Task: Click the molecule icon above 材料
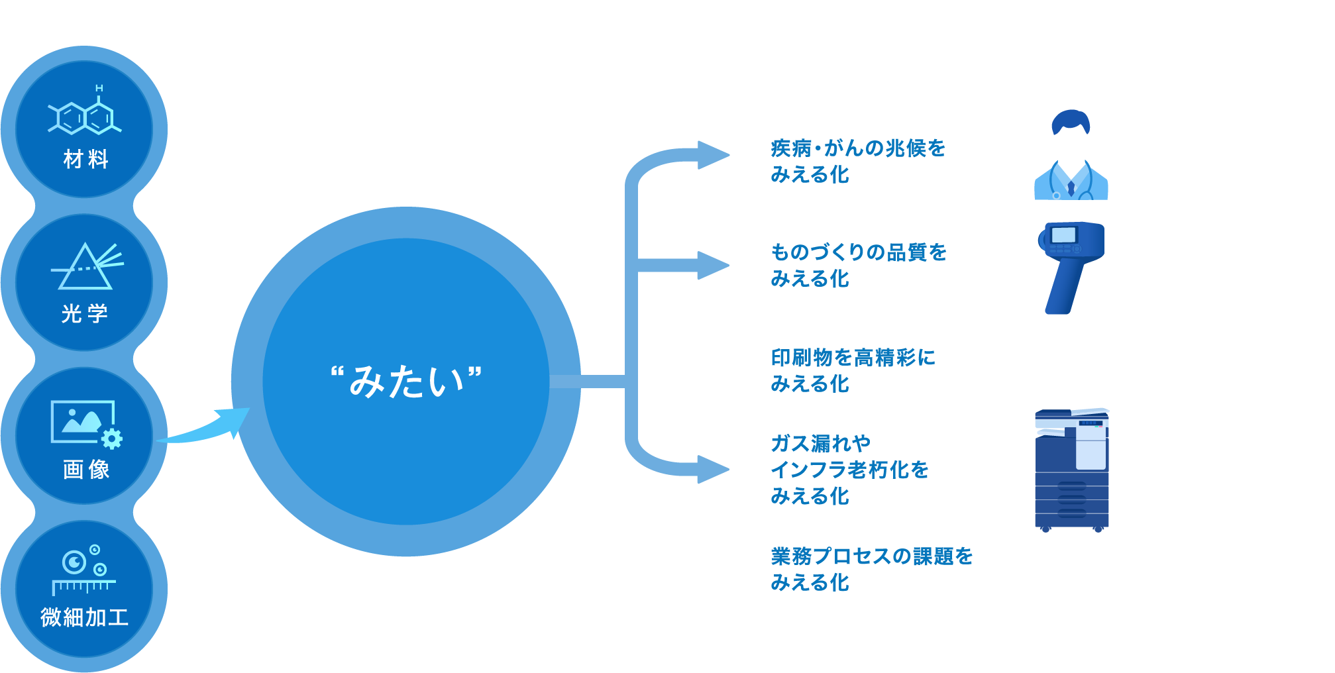pyautogui.click(x=85, y=117)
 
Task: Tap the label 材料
pyautogui.click(x=85, y=160)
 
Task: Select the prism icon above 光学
pyautogui.click(x=86, y=266)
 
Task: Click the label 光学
pyautogui.click(x=85, y=313)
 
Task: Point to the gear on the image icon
pyautogui.click(x=111, y=439)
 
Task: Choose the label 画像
pyautogui.click(x=86, y=470)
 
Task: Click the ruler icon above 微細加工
pyautogui.click(x=84, y=586)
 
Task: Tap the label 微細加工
pyautogui.click(x=84, y=617)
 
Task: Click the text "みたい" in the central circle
pyautogui.click(x=406, y=382)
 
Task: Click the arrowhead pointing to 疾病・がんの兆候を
pyautogui.click(x=713, y=155)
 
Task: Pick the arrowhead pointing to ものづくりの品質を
pyautogui.click(x=713, y=266)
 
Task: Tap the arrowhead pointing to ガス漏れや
pyautogui.click(x=713, y=470)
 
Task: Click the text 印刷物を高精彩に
pyautogui.click(x=853, y=358)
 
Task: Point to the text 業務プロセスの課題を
pyautogui.click(x=871, y=556)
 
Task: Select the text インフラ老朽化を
pyautogui.click(x=850, y=470)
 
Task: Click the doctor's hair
pyautogui.click(x=1071, y=122)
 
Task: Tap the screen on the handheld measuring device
pyautogui.click(x=1063, y=235)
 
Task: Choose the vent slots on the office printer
pyautogui.click(x=1071, y=501)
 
